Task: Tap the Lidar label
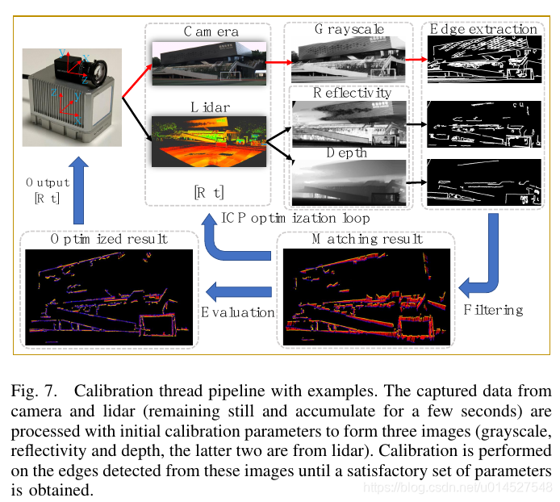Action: point(211,107)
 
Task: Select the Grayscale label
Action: point(349,30)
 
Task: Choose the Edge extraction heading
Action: point(483,30)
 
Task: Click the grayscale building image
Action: point(349,60)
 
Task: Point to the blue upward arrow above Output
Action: point(78,190)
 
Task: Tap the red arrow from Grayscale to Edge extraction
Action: point(415,58)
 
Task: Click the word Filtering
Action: point(494,309)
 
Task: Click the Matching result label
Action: point(366,239)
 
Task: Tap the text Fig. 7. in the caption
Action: point(36,392)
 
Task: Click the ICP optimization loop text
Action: point(295,218)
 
